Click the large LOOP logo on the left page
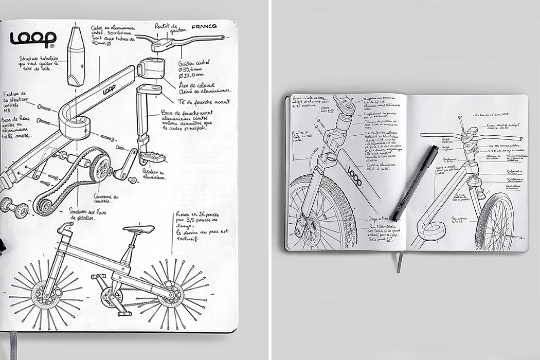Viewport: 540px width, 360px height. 33,39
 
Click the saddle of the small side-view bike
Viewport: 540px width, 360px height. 139,229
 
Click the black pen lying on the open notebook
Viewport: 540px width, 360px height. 414,183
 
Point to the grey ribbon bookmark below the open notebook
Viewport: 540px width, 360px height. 399,262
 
